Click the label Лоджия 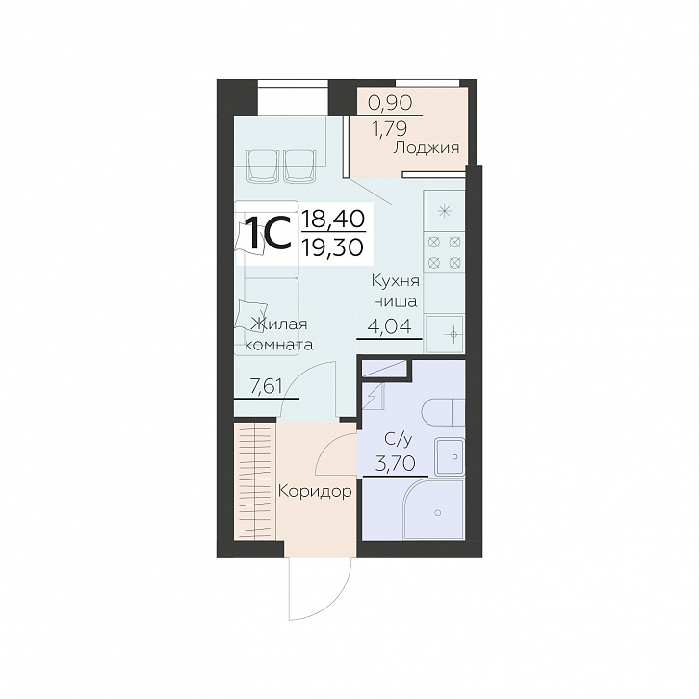tap(426, 147)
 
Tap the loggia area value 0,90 tap(390, 103)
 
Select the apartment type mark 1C tap(268, 232)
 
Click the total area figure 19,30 tap(332, 246)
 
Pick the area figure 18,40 tap(332, 219)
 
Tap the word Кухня tap(396, 282)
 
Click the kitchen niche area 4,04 tap(388, 326)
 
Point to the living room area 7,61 tap(266, 386)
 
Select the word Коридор tap(315, 492)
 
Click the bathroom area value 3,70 tap(396, 464)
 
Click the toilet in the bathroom tap(443, 412)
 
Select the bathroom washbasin tap(450, 456)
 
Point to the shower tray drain tap(438, 513)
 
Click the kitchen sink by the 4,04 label tap(445, 333)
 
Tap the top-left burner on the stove tap(434, 243)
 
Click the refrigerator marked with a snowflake tap(445, 211)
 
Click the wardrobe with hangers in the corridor tap(254, 481)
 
